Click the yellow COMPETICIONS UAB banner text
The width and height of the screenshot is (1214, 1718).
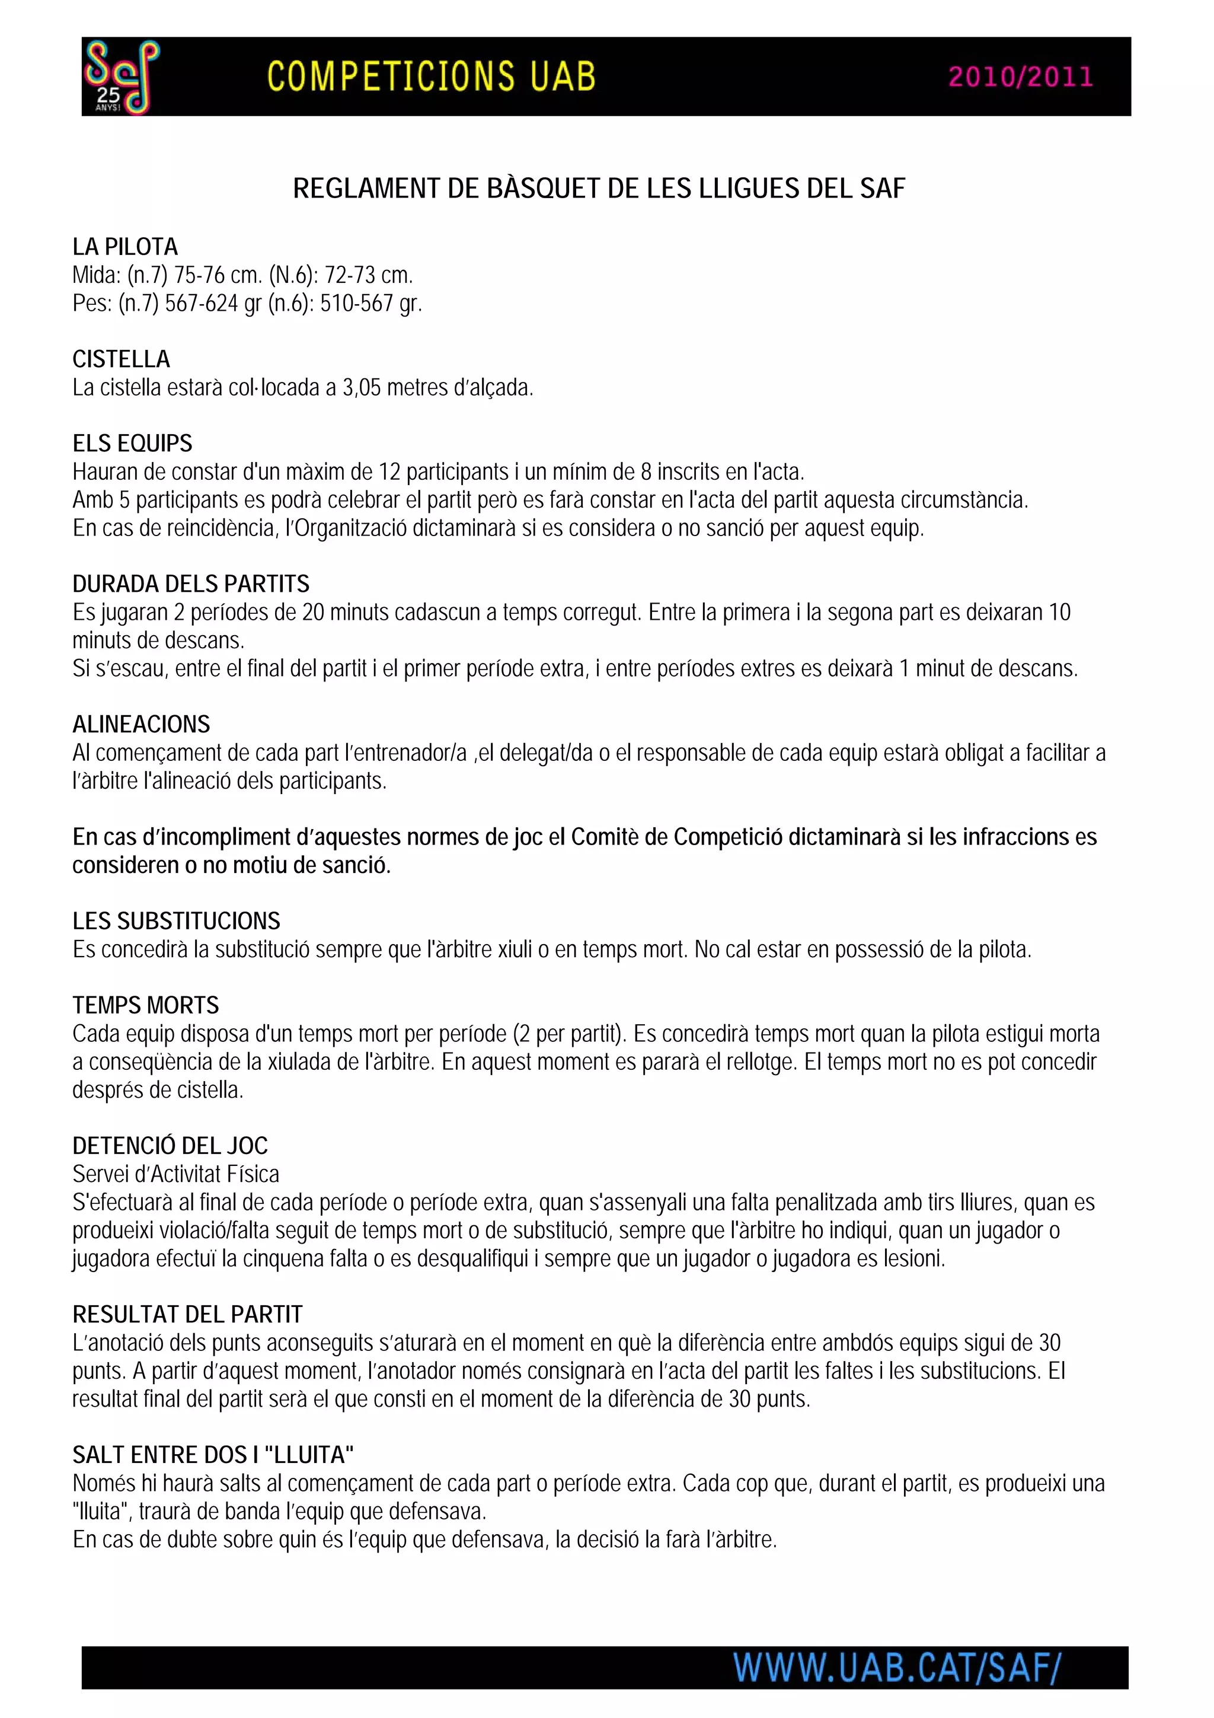point(431,77)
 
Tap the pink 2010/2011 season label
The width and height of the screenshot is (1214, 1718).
point(1020,77)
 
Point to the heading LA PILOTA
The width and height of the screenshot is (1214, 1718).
point(125,247)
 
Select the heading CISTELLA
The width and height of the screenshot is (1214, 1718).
point(121,359)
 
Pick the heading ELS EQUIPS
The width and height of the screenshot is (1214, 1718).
point(132,443)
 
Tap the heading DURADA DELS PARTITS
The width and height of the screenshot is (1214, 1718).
point(191,584)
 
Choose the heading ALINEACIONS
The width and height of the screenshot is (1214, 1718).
point(141,724)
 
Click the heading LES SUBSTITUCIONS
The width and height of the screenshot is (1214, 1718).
point(176,920)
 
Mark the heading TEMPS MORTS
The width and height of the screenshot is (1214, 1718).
point(146,1005)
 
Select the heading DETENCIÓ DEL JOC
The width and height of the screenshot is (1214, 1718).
point(170,1146)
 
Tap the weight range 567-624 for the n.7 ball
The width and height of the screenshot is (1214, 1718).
point(201,303)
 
